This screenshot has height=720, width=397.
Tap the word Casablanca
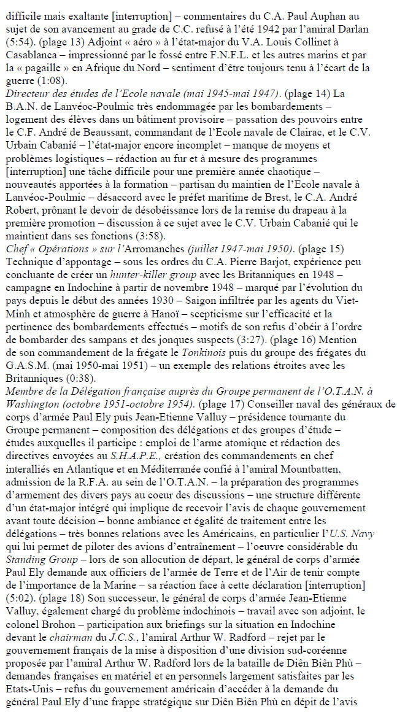25,53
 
